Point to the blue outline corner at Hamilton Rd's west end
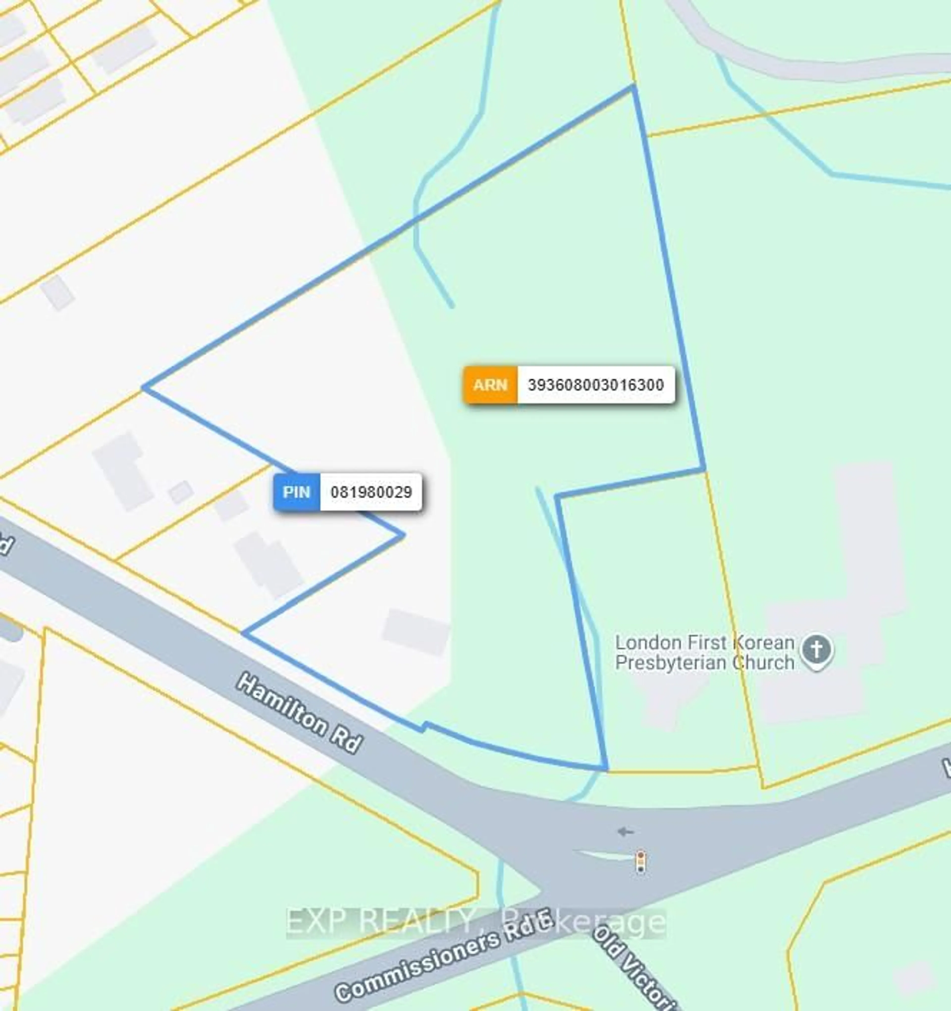point(243,633)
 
